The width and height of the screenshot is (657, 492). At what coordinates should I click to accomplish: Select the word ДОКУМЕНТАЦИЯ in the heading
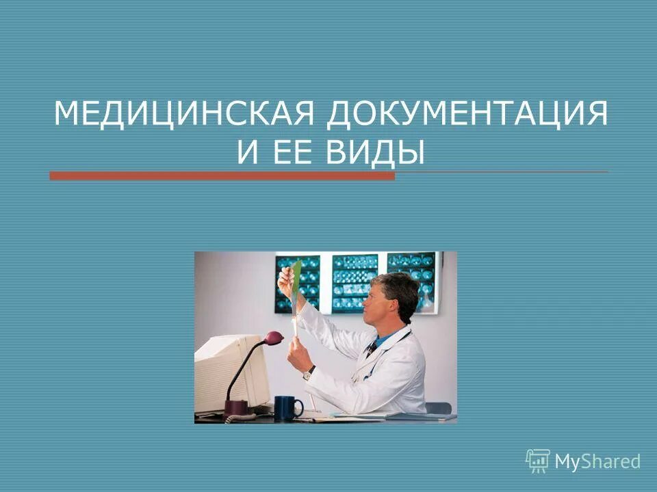(467, 113)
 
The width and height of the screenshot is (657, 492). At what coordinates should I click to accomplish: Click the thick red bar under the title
(222, 176)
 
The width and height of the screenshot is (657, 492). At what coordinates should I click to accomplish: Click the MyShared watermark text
(597, 462)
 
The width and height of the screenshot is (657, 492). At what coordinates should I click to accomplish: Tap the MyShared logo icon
(537, 461)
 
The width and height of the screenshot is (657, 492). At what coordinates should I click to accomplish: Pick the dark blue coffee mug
(288, 408)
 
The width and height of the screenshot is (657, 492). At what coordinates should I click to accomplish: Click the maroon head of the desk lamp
(273, 337)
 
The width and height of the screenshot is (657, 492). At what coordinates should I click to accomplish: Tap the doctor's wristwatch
(309, 372)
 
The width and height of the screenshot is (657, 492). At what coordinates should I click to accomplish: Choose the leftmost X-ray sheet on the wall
(298, 284)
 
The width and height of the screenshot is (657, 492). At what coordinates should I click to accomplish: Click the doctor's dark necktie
(371, 348)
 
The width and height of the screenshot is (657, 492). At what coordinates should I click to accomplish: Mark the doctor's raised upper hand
(285, 279)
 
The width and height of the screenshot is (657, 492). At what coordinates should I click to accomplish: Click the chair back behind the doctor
(438, 408)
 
